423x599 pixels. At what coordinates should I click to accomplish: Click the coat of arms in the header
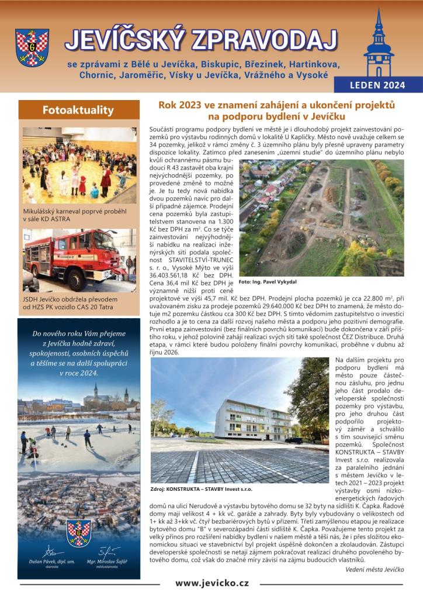tap(32, 48)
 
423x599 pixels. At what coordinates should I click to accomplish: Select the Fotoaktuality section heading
tap(79, 109)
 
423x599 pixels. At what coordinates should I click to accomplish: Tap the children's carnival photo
tap(79, 165)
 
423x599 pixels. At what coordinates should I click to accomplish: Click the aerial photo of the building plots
tap(321, 218)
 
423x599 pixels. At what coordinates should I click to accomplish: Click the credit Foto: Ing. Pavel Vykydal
tap(268, 281)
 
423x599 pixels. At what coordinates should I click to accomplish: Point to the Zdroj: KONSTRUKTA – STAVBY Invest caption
tap(202, 488)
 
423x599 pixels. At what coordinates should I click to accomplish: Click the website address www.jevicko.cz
tap(212, 583)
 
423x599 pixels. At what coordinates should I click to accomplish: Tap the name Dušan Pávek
tap(52, 560)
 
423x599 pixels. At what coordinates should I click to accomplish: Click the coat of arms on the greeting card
tap(79, 532)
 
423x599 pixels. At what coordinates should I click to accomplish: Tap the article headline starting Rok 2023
tap(278, 111)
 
